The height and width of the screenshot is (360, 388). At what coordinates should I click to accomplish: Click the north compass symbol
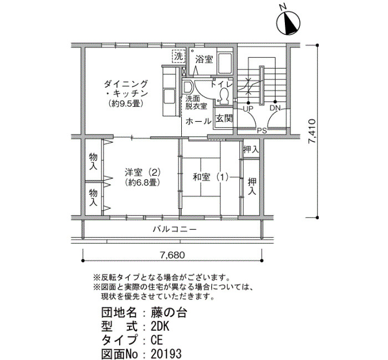289,23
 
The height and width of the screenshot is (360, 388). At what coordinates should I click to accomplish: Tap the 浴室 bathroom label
204,59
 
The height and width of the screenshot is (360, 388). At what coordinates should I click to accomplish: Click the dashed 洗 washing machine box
178,56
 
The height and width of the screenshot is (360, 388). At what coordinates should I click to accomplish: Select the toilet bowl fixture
224,96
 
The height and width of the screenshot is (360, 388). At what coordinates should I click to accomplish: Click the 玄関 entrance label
224,119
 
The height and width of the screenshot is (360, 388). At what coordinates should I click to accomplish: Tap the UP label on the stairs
248,109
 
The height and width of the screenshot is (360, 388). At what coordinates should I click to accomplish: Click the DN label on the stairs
275,108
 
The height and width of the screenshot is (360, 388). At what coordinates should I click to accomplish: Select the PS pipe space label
262,130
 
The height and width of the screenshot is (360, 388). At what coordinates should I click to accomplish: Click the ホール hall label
198,122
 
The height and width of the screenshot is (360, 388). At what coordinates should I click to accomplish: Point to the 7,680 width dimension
172,255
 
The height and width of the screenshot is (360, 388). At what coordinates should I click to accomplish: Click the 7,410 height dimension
312,131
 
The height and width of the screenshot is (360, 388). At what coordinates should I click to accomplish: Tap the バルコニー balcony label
175,229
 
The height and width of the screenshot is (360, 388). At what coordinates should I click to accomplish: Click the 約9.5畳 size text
126,104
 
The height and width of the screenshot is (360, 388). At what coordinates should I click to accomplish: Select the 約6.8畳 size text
142,182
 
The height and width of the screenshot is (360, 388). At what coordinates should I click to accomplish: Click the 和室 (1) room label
210,177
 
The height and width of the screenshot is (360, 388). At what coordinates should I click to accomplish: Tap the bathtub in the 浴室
225,63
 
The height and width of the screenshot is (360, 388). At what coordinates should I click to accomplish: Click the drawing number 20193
166,353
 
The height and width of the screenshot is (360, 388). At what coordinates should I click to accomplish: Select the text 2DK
160,326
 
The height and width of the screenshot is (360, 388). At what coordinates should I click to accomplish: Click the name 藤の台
169,313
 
